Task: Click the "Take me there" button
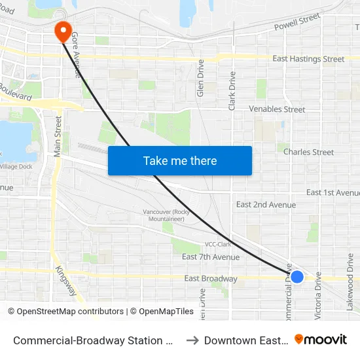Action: pyautogui.click(x=180, y=161)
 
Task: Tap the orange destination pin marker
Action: pyautogui.click(x=63, y=30)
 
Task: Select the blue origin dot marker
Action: pyautogui.click(x=297, y=277)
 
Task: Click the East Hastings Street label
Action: pyautogui.click(x=308, y=59)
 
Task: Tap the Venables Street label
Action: pyautogui.click(x=277, y=109)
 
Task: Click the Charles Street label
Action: pyautogui.click(x=308, y=152)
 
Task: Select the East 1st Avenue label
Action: pyautogui.click(x=333, y=192)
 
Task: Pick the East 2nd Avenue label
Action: pyautogui.click(x=266, y=205)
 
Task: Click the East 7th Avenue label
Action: pyautogui.click(x=211, y=257)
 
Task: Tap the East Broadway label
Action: pyautogui.click(x=211, y=279)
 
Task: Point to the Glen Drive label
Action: pyautogui.click(x=201, y=79)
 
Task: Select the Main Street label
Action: pyautogui.click(x=58, y=135)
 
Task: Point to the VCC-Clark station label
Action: pyautogui.click(x=217, y=244)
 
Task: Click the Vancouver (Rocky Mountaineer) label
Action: pyautogui.click(x=164, y=215)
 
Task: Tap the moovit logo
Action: pyautogui.click(x=321, y=340)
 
